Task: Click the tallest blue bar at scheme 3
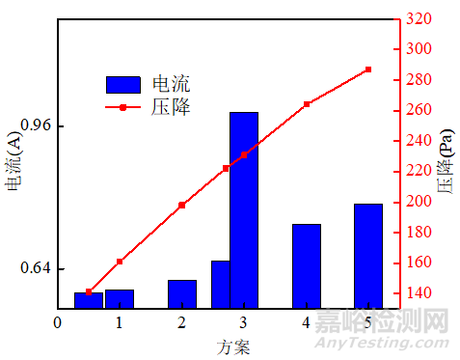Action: tap(244, 210)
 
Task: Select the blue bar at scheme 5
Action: tap(367, 256)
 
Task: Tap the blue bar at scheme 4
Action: tap(306, 265)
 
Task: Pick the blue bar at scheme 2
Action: tap(182, 293)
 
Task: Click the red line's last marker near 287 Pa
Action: tap(368, 69)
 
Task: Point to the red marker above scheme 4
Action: tap(307, 104)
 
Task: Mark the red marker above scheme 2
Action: tap(182, 205)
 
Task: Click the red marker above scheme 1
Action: tap(120, 262)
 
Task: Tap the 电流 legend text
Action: tap(171, 84)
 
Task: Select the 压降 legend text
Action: tap(171, 107)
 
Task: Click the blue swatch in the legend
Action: tap(122, 84)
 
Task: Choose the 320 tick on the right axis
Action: tap(419, 18)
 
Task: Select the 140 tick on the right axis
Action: tap(419, 292)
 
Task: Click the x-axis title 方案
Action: tap(233, 346)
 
